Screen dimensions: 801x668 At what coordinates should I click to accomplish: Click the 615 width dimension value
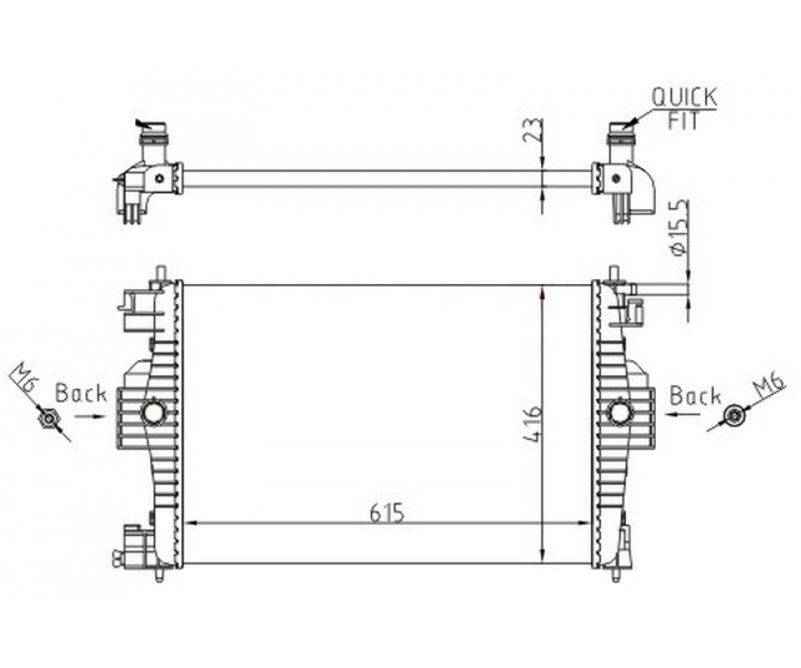pos(386,513)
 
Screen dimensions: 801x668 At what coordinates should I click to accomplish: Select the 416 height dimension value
pos(531,425)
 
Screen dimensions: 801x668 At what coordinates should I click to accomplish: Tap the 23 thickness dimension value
pos(531,129)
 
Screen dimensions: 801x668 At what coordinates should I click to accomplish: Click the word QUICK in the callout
pos(684,97)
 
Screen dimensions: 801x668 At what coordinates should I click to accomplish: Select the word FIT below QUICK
pos(683,121)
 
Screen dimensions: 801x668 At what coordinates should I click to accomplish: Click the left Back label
pos(81,393)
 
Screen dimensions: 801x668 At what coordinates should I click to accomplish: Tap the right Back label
pos(695,396)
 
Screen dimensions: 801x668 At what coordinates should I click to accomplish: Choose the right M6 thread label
pos(771,384)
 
